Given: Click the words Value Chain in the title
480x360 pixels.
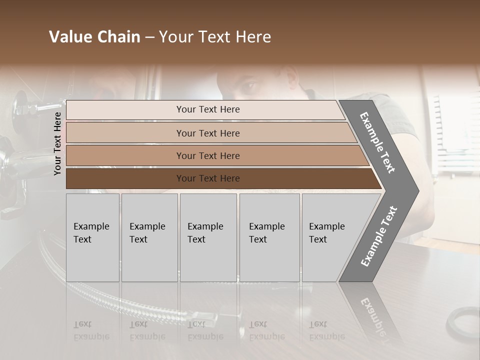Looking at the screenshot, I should [x=94, y=37].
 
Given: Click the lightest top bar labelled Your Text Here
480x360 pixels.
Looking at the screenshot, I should [x=207, y=109].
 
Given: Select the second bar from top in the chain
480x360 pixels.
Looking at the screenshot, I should [x=207, y=133].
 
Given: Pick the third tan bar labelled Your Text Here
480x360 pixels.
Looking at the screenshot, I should [x=207, y=156].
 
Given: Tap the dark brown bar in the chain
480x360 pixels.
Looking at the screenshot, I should [x=207, y=178].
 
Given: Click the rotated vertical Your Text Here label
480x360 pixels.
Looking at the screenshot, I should [x=57, y=143].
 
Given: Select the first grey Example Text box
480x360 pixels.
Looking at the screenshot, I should [x=92, y=237].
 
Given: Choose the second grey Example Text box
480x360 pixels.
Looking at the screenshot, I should [x=149, y=237].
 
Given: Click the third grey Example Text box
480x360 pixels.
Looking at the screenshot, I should [x=207, y=237].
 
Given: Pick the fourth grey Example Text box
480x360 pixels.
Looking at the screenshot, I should [x=269, y=237].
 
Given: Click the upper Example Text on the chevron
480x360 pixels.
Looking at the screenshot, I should [x=377, y=142].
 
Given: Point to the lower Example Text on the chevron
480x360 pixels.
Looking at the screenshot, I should [x=379, y=236].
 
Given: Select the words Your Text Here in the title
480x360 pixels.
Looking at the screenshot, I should [x=215, y=37].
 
